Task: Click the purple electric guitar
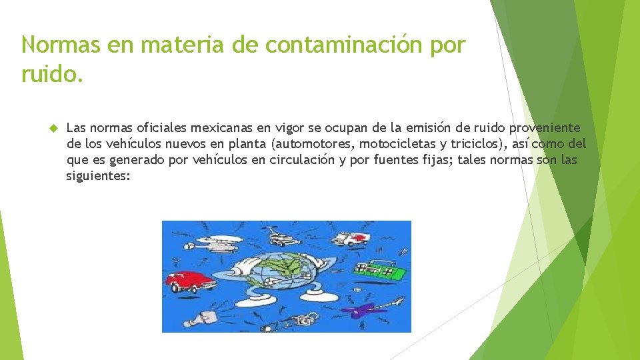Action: [x=368, y=308]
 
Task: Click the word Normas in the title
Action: [x=58, y=45]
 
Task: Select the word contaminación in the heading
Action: [x=337, y=45]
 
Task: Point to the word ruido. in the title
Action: [x=53, y=73]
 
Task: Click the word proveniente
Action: [x=547, y=127]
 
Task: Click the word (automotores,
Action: [x=312, y=143]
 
